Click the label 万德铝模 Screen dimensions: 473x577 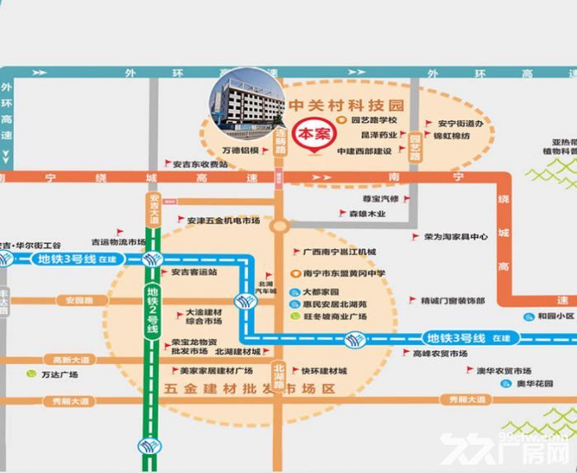[x=241, y=151]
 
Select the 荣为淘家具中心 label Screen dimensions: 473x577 [x=456, y=236]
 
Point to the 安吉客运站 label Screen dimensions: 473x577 [x=195, y=272]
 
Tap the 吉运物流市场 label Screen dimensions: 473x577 [x=118, y=242]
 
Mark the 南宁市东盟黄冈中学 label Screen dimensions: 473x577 [x=344, y=273]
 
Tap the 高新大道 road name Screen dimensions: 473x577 [x=69, y=359]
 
